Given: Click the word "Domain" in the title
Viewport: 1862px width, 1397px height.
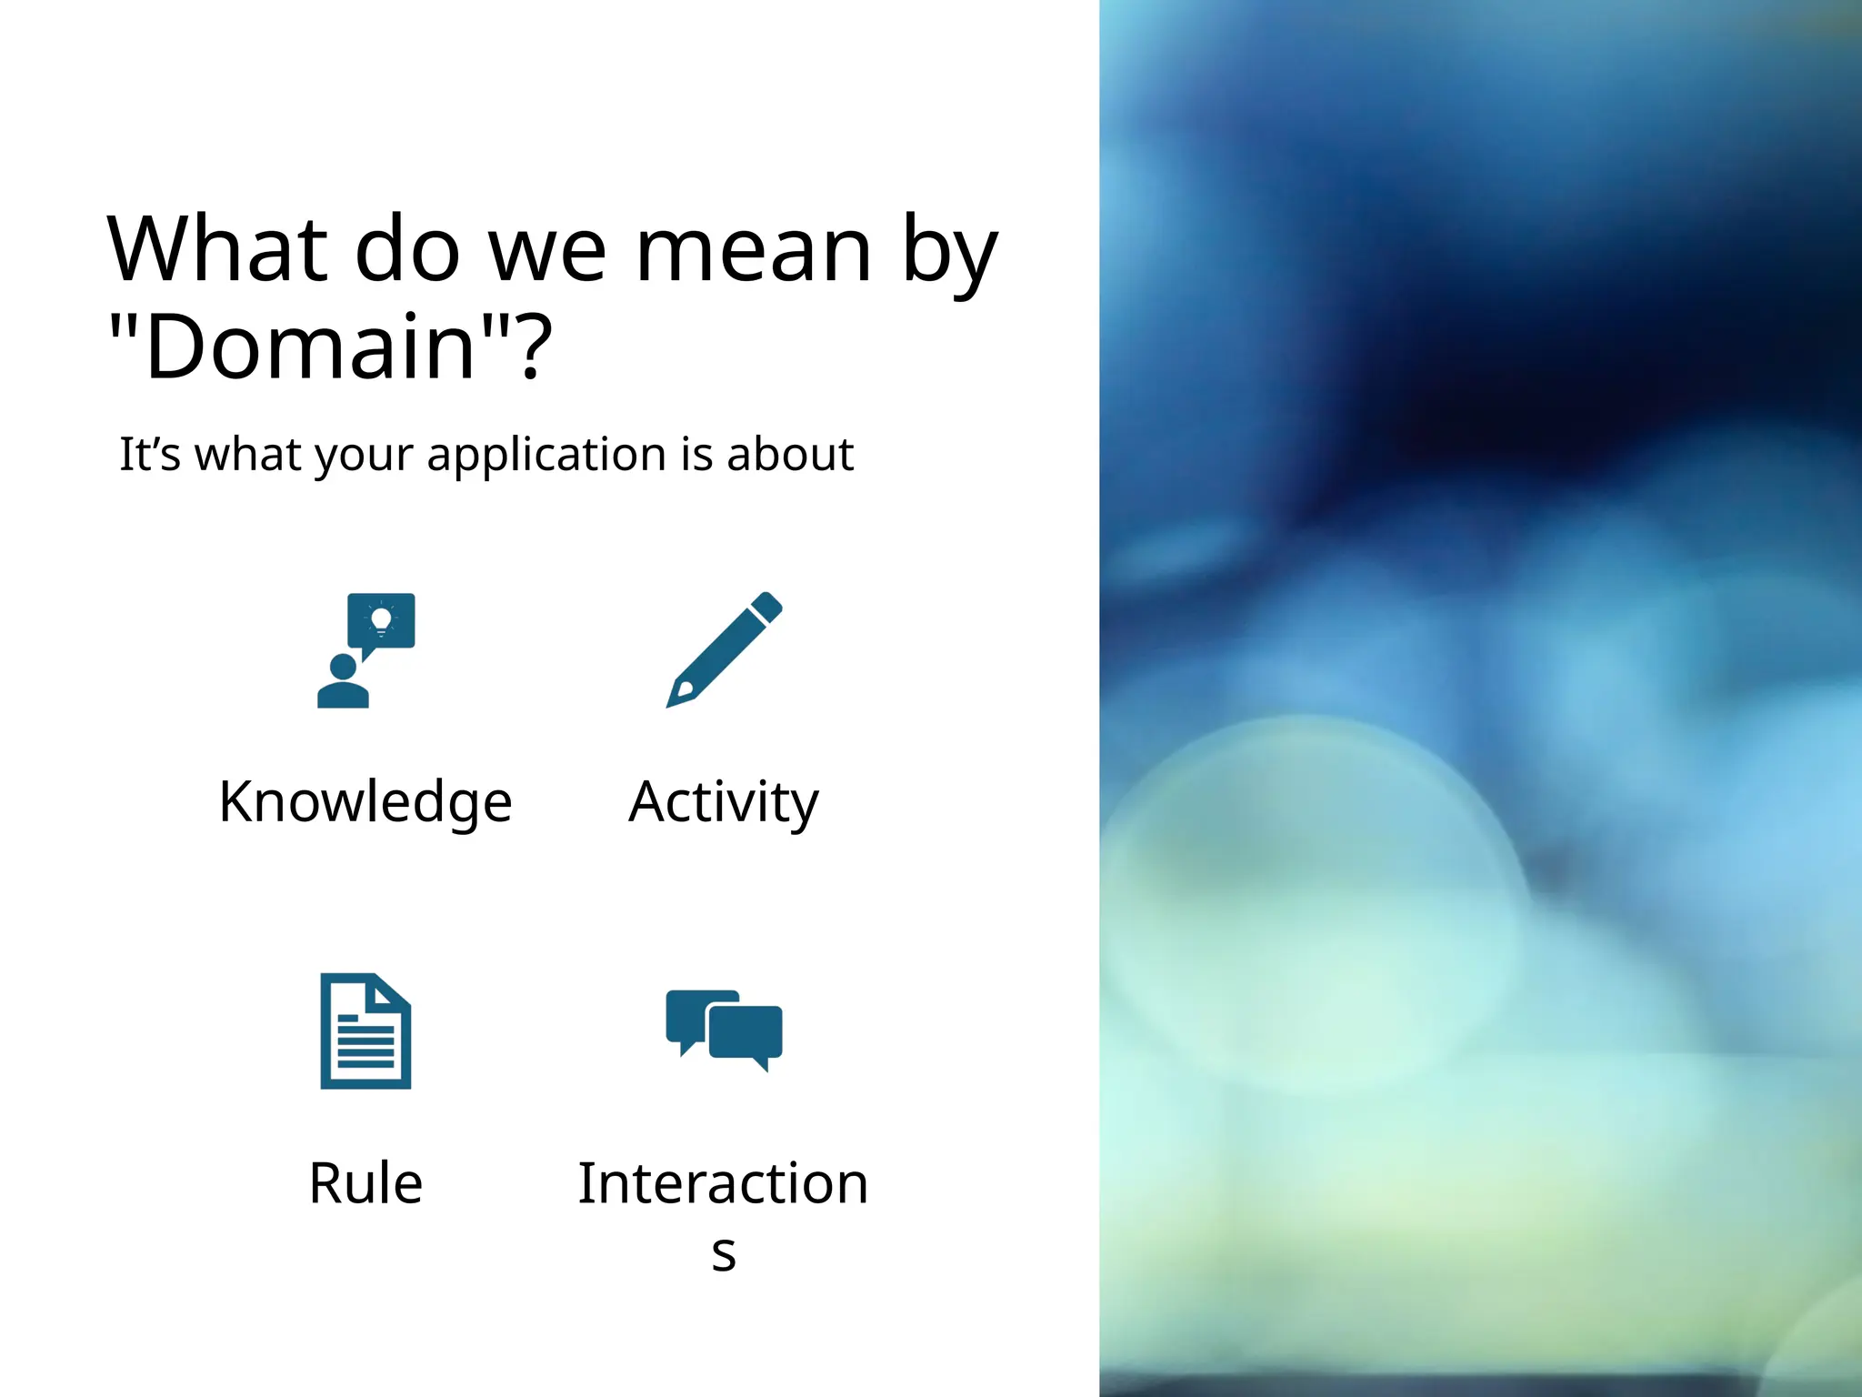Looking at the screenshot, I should [310, 347].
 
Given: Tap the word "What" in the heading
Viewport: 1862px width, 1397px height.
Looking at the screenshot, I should [217, 249].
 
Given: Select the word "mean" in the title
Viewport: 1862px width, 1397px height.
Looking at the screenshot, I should [754, 249].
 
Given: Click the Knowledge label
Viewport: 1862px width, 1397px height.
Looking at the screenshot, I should [365, 802].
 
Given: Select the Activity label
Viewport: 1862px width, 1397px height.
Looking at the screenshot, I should [724, 802].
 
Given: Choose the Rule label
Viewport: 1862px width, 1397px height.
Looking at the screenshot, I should [365, 1183].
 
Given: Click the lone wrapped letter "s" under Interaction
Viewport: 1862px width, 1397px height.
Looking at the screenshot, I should [724, 1253].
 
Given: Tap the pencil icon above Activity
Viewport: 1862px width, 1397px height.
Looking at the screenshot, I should [725, 649].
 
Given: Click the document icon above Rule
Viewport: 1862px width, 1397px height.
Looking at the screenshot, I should [365, 1031].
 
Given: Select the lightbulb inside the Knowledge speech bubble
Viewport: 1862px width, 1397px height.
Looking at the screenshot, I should [381, 620].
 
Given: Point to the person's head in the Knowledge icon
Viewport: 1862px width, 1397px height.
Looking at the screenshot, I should [343, 668].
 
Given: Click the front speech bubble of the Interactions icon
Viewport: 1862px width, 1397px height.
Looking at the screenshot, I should [746, 1032].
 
